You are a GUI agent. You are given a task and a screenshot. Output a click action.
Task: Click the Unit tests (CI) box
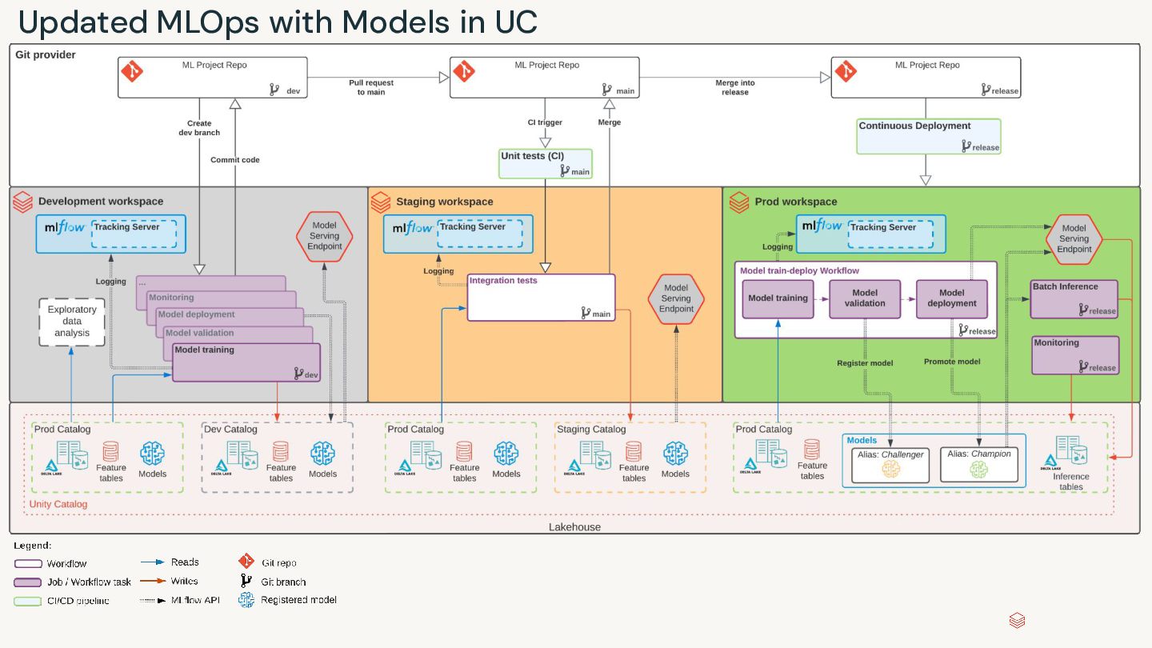(546, 163)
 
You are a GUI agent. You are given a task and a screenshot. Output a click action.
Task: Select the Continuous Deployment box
(928, 136)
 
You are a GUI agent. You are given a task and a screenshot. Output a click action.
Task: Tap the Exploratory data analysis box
(72, 322)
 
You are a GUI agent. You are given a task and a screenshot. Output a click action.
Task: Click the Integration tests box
(541, 298)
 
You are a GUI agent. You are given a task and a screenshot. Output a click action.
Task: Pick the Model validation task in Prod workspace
(865, 298)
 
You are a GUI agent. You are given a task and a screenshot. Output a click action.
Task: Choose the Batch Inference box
(1074, 298)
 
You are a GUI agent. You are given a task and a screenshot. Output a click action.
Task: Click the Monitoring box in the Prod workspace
(1074, 355)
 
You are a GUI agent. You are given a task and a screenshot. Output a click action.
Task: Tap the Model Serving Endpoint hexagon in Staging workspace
(676, 298)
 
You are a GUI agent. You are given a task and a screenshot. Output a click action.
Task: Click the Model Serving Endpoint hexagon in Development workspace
(324, 236)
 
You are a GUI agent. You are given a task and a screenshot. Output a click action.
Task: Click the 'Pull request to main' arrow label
(371, 87)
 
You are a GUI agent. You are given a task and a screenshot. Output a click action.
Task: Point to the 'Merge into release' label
(734, 87)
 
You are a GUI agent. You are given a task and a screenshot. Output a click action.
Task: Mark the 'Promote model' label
(952, 362)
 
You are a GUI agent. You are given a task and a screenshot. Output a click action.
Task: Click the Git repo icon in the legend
(246, 562)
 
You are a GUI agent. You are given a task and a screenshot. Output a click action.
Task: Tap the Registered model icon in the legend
(246, 600)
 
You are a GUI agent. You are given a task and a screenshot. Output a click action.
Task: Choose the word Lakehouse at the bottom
(574, 527)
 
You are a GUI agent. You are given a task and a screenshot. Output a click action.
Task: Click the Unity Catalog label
(58, 504)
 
